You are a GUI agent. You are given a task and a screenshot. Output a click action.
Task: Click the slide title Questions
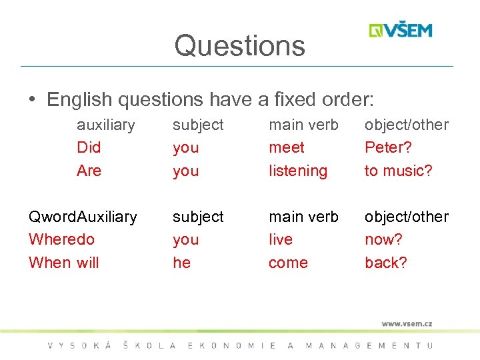coord(239,45)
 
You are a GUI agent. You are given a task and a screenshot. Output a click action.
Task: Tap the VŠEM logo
coord(401,31)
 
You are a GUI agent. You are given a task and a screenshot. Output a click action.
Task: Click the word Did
coord(89,147)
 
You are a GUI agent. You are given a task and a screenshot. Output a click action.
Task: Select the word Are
coord(89,171)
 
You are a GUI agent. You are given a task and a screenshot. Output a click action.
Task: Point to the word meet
coord(286,147)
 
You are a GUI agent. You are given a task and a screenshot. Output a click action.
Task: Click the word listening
coord(298,171)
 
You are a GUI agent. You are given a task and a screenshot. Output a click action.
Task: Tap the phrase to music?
coord(398,171)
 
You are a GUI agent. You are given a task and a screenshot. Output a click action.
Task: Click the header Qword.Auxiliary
coord(83,217)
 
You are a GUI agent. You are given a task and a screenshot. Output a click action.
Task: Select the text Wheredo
coord(61,239)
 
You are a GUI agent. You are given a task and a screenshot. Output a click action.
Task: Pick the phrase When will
coord(63,263)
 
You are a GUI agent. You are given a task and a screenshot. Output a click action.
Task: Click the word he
coord(181,263)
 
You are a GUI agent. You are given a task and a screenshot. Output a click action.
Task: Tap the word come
coord(288,263)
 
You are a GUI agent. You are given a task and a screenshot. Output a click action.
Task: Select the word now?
coord(383,239)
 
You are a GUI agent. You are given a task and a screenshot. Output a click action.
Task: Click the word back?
coord(385,263)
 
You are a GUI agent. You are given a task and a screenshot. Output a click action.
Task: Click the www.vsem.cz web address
coord(407,324)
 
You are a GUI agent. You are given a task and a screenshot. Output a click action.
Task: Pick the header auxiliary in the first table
coord(105,125)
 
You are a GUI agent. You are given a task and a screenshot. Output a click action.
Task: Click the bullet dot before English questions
coord(32,100)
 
